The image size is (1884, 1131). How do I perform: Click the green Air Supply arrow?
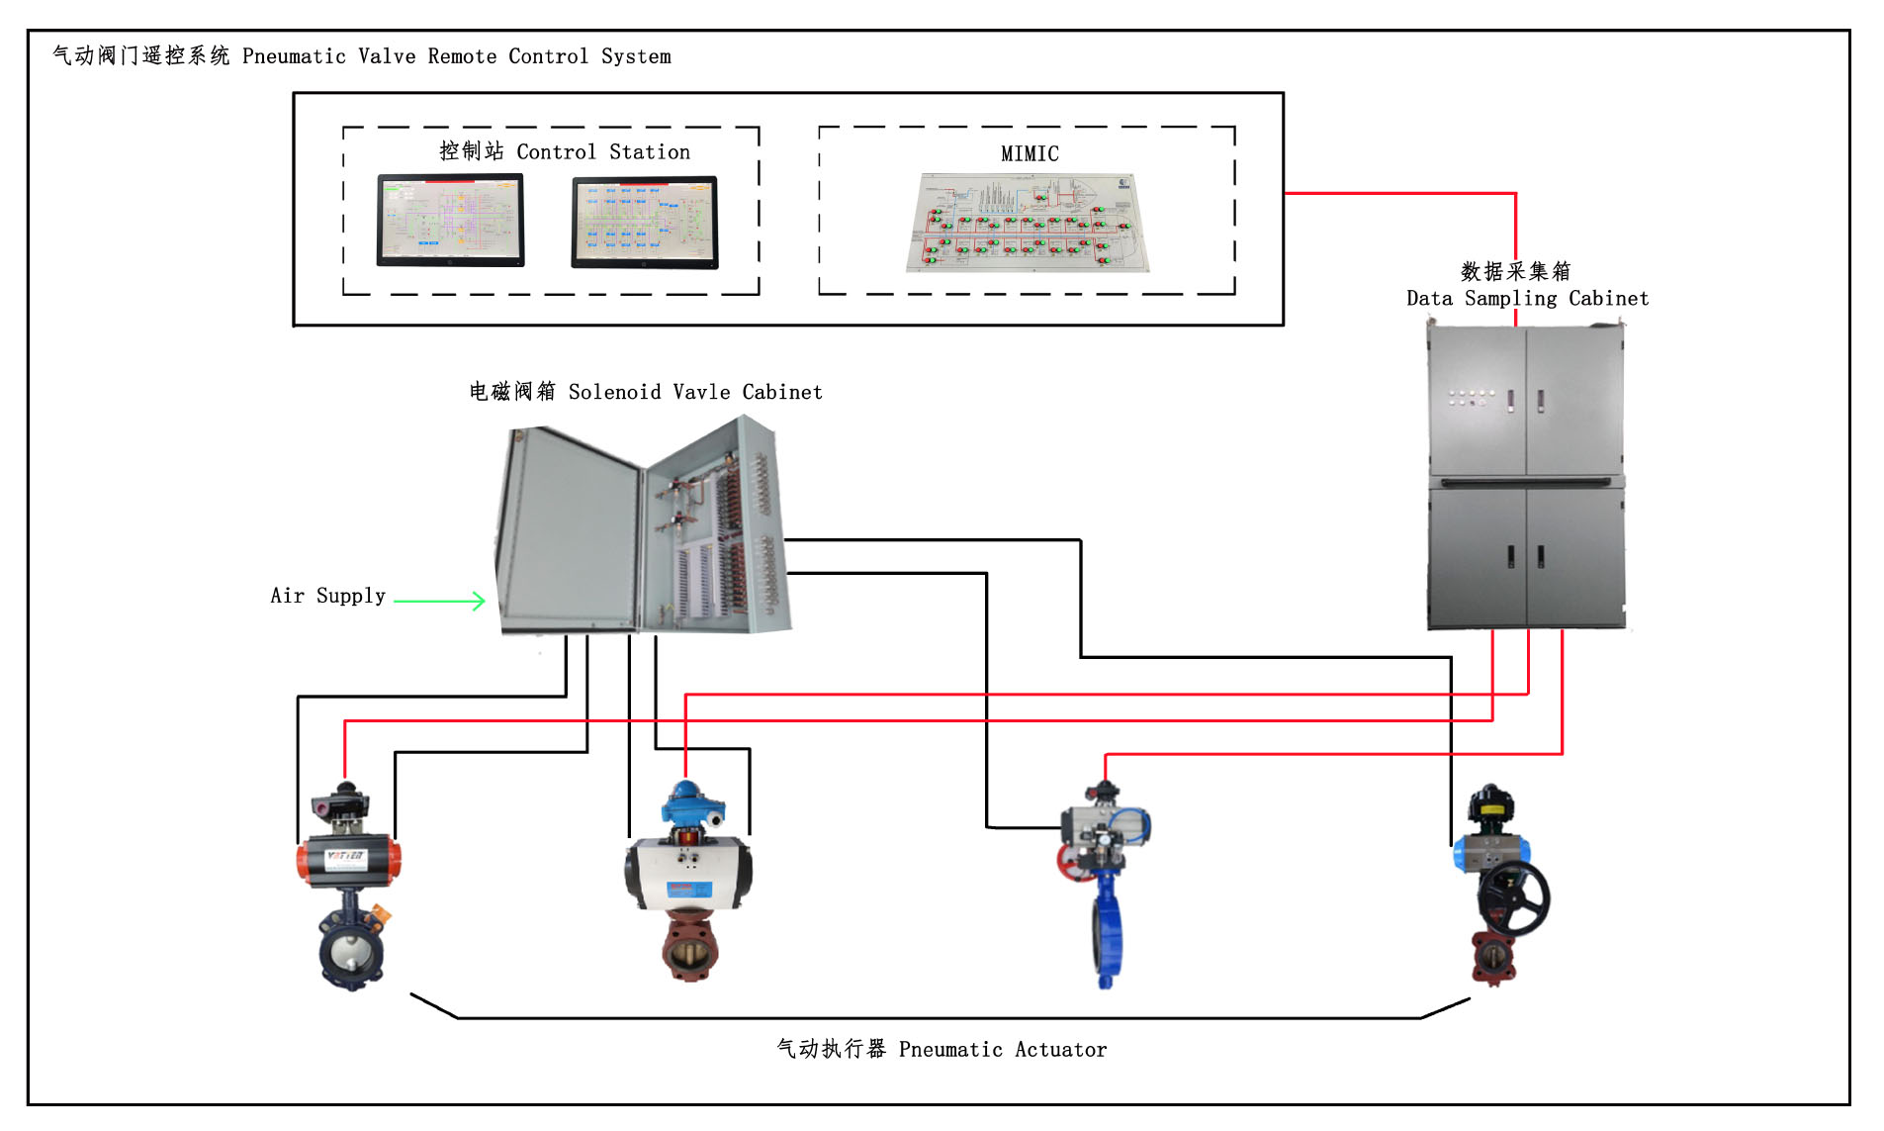pyautogui.click(x=439, y=600)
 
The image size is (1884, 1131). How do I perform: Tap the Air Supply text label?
pyautogui.click(x=327, y=596)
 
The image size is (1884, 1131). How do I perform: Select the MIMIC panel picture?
pyautogui.click(x=1029, y=223)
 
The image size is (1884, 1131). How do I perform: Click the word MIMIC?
pyautogui.click(x=1029, y=153)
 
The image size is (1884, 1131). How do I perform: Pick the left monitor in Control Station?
pyautogui.click(x=450, y=220)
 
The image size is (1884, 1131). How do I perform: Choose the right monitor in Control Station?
pyautogui.click(x=644, y=222)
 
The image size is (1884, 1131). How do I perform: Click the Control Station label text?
pyautogui.click(x=565, y=151)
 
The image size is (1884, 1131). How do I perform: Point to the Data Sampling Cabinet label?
pyautogui.click(x=1526, y=298)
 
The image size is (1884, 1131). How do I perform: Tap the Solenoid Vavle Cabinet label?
pyautogui.click(x=645, y=392)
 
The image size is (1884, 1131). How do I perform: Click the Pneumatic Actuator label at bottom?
pyautogui.click(x=941, y=1049)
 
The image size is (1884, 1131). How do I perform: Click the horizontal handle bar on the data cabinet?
pyautogui.click(x=1525, y=482)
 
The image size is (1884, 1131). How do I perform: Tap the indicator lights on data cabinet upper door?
pyautogui.click(x=1471, y=398)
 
